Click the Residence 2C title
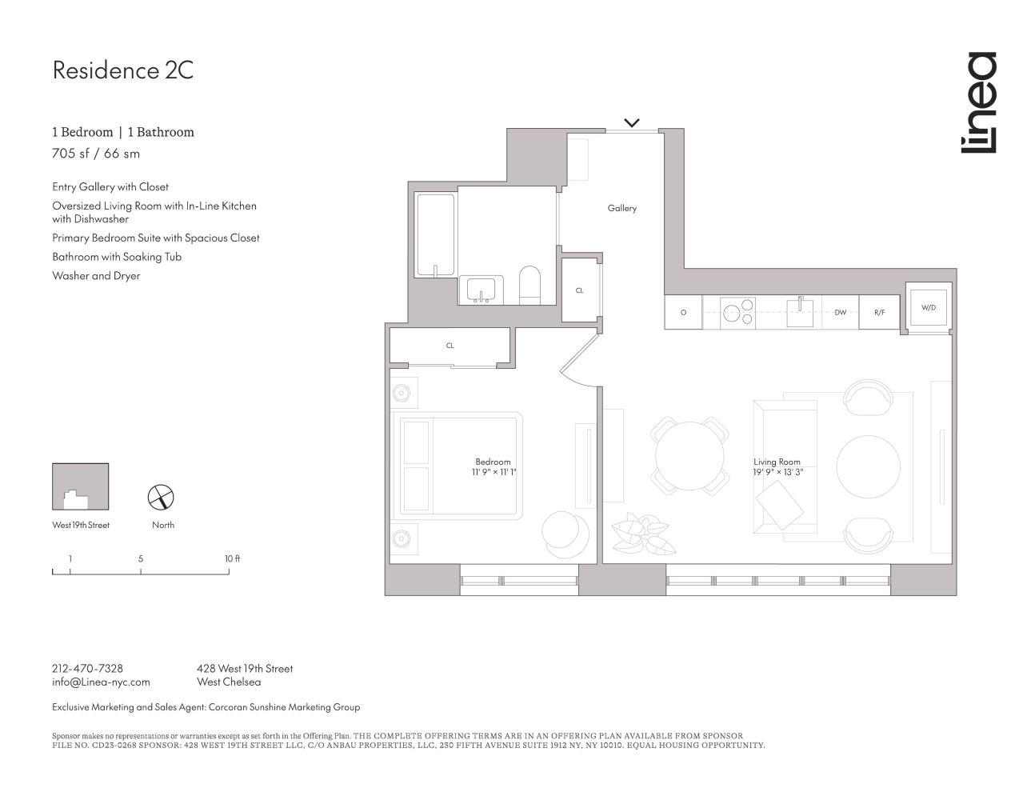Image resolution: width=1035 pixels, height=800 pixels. click(x=122, y=70)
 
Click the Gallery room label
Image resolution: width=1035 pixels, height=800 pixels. click(x=621, y=208)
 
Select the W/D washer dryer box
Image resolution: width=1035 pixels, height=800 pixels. click(x=928, y=307)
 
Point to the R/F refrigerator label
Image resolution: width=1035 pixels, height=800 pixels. click(x=879, y=313)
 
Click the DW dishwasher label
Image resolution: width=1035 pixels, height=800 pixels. click(x=840, y=313)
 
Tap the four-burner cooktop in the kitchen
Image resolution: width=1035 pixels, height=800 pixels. click(x=737, y=312)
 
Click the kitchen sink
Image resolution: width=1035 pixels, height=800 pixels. click(x=800, y=312)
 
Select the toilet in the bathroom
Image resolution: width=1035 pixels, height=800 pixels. click(x=529, y=286)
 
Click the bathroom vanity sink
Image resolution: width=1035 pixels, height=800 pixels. click(x=482, y=290)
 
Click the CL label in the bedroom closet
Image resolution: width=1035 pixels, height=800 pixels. click(x=450, y=346)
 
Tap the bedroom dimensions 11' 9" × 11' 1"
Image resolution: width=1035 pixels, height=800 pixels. click(x=494, y=472)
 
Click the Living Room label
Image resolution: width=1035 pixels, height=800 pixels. click(x=776, y=462)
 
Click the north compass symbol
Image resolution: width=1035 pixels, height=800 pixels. click(x=162, y=498)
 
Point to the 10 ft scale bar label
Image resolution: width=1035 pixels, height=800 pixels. click(x=231, y=558)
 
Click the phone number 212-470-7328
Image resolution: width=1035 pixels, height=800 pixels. click(x=87, y=668)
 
